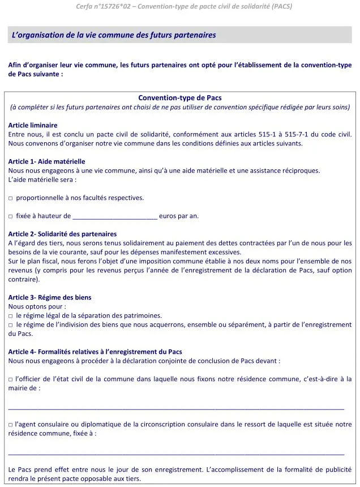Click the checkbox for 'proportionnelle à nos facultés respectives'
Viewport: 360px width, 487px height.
click(x=11, y=198)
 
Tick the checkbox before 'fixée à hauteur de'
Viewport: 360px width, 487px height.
click(x=11, y=216)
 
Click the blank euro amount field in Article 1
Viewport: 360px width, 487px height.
click(x=115, y=216)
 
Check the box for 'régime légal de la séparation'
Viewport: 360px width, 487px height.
click(x=11, y=315)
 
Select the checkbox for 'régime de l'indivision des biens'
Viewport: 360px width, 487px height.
click(x=11, y=324)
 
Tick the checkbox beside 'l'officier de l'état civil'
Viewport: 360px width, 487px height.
click(x=11, y=379)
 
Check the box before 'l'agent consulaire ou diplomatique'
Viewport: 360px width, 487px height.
click(x=11, y=425)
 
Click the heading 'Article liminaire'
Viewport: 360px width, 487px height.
click(x=33, y=125)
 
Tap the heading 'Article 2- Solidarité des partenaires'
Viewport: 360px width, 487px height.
click(x=62, y=234)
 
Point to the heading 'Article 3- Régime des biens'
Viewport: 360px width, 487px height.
click(x=50, y=297)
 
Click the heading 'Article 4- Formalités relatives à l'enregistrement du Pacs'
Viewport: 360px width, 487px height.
click(x=95, y=352)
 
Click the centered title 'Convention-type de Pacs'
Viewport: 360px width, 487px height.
click(x=180, y=98)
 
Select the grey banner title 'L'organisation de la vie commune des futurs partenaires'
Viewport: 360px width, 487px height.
click(x=114, y=35)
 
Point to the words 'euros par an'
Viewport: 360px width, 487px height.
click(x=179, y=216)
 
